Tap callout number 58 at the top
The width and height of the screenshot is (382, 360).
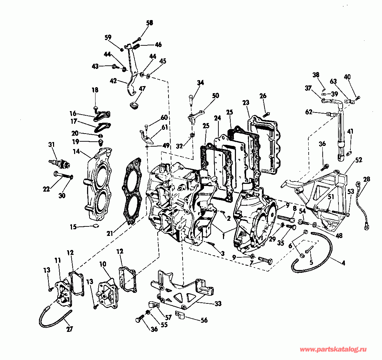[150, 23]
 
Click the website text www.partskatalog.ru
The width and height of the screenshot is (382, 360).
[334, 349]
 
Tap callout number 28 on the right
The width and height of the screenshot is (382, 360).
[367, 179]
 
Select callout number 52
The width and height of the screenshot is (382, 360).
[358, 160]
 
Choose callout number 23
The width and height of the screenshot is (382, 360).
[246, 103]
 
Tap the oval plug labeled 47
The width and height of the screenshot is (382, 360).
[134, 105]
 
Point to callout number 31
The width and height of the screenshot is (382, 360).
[52, 144]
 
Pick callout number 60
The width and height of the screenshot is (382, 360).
[164, 117]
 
